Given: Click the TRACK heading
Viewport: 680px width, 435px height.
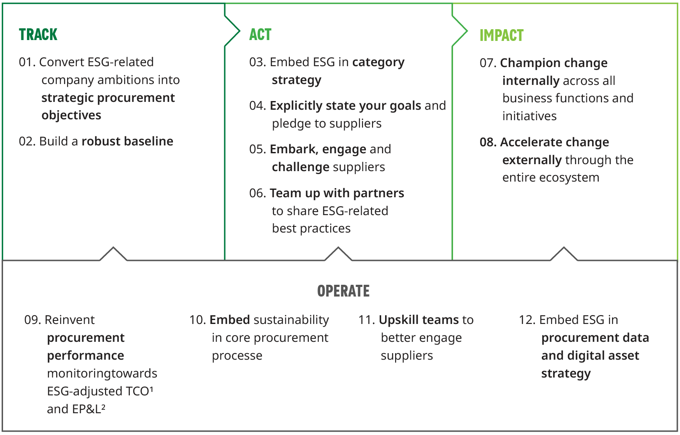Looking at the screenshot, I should (x=38, y=34).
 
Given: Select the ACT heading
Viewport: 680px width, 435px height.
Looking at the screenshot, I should (x=260, y=34).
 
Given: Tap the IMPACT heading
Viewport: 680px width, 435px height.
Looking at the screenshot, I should (x=501, y=35).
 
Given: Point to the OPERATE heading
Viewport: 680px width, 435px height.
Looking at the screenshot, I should (x=343, y=291).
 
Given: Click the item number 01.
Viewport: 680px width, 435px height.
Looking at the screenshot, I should (x=27, y=62).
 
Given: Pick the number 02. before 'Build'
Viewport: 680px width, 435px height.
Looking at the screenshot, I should (x=27, y=142).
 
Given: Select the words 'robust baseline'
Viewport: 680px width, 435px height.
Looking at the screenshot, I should (x=127, y=142).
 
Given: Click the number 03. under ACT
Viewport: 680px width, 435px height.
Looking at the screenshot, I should (x=257, y=62).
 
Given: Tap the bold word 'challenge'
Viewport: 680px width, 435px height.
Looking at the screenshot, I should (x=300, y=167).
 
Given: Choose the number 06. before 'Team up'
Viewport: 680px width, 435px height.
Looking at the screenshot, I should (x=257, y=193).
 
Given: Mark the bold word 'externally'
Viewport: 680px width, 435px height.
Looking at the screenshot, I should (x=531, y=160).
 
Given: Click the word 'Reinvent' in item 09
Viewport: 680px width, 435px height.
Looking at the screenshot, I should (x=70, y=320).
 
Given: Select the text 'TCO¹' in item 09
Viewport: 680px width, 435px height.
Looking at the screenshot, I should (x=139, y=391).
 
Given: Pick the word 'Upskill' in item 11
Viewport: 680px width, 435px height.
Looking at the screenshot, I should (x=397, y=320).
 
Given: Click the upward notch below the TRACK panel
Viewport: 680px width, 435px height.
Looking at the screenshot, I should (x=113, y=253).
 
